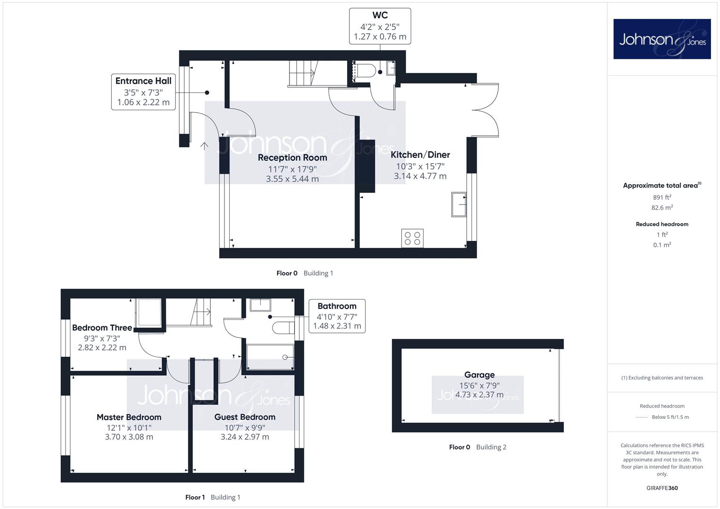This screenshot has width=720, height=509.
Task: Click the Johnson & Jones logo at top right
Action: coord(662,39)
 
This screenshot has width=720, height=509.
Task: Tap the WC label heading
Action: coord(380,15)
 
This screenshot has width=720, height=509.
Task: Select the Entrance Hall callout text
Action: coord(143,91)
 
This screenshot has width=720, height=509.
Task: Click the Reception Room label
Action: coord(292,157)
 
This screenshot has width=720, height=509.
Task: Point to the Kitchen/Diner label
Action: coord(420,155)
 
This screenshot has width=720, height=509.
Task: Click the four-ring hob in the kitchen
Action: coord(413,238)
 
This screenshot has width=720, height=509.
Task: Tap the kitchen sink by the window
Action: coord(459,205)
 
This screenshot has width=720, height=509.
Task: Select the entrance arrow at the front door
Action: coord(204,146)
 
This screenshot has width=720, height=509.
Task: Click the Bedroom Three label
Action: coord(102,328)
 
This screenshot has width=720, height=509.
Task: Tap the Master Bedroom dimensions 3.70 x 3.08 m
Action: coord(129,437)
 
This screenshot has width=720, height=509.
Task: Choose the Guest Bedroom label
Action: coord(245,417)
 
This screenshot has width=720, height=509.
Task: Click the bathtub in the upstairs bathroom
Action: coord(270,357)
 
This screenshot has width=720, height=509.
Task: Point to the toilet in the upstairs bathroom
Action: coord(283,328)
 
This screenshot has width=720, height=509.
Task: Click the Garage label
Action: coord(479,375)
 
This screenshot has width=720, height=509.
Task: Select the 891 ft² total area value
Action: coord(662,197)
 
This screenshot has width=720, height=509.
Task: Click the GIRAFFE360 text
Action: coord(662,488)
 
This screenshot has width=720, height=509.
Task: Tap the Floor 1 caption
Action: coord(195,497)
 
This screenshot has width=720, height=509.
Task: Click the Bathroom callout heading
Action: coord(337,306)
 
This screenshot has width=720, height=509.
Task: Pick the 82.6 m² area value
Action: coord(662,207)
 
